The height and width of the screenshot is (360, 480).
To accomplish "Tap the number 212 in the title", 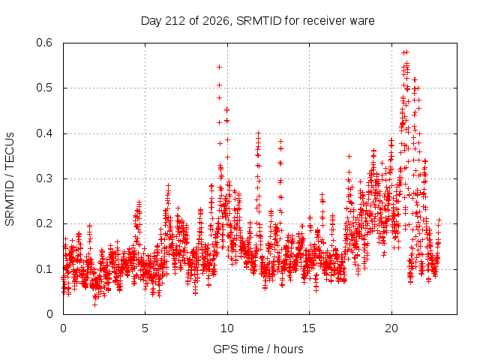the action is (175, 21).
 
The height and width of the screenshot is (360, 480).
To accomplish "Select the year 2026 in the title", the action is (216, 21).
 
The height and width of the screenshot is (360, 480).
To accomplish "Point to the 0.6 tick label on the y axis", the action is (44, 43).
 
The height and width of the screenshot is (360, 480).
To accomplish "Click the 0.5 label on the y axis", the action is (44, 88).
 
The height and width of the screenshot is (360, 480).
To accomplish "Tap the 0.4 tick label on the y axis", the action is (44, 133).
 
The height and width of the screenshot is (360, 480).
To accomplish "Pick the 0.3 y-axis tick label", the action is (44, 178).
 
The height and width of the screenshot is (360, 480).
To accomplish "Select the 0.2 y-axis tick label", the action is (44, 223).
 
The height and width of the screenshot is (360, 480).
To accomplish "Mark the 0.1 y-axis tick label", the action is (44, 269).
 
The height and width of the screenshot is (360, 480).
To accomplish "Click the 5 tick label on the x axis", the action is (145, 328).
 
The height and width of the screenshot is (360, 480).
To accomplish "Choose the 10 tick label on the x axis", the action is (227, 328).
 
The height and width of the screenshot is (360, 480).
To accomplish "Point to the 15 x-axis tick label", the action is (309, 328).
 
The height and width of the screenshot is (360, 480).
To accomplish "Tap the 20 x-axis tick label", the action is (391, 328).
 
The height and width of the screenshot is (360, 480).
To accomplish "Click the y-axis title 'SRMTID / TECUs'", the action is (10, 179).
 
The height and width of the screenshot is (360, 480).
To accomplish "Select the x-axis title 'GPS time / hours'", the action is (258, 349).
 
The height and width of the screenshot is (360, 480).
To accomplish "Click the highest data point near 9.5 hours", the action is (219, 67).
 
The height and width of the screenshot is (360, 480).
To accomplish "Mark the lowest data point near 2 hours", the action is (95, 305).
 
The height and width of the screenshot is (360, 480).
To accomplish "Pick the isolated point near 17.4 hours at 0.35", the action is (349, 157).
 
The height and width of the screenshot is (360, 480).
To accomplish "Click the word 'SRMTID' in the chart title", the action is (259, 21).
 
